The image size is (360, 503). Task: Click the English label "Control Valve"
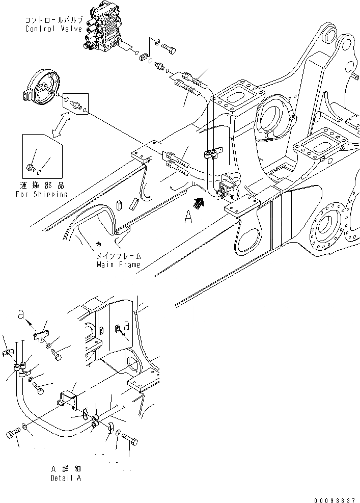coord(53,29)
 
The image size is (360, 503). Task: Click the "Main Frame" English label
coord(118,264)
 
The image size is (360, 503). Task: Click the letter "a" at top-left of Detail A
coord(21,316)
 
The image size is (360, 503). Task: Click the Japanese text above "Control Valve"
coord(53,20)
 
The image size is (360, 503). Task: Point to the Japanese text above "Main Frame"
coord(119,256)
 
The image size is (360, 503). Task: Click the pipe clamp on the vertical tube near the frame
coord(213,153)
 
